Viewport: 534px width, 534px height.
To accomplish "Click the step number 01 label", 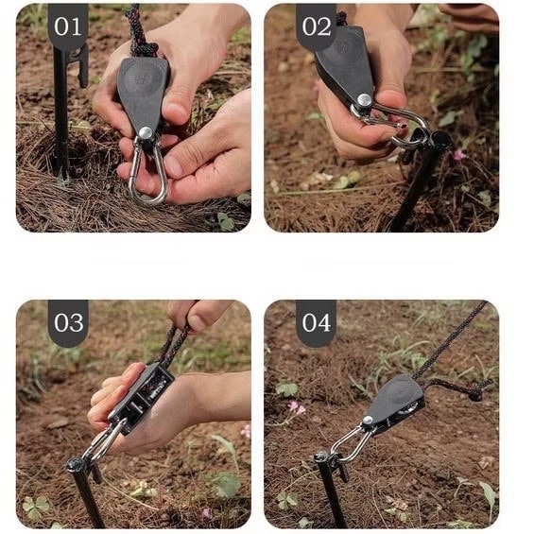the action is tap(68, 26).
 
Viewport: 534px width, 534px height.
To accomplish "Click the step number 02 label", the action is tap(317, 26).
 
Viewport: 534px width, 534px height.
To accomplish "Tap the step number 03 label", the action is tap(68, 322).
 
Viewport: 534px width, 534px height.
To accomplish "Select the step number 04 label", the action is tap(317, 322).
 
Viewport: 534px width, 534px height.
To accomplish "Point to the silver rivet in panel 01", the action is tap(146, 133).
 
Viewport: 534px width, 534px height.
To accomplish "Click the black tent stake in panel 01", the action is tap(62, 112).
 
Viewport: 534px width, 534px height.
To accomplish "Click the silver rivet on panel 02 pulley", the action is tap(365, 100).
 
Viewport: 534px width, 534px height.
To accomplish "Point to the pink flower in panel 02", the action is tap(459, 155).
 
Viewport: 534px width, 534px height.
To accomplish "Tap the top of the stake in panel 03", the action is tap(76, 464).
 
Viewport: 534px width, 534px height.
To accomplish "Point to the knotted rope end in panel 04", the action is tap(474, 394).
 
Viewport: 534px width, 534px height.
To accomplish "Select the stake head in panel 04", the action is tap(322, 457).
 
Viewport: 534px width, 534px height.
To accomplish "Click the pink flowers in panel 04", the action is tap(296, 407).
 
